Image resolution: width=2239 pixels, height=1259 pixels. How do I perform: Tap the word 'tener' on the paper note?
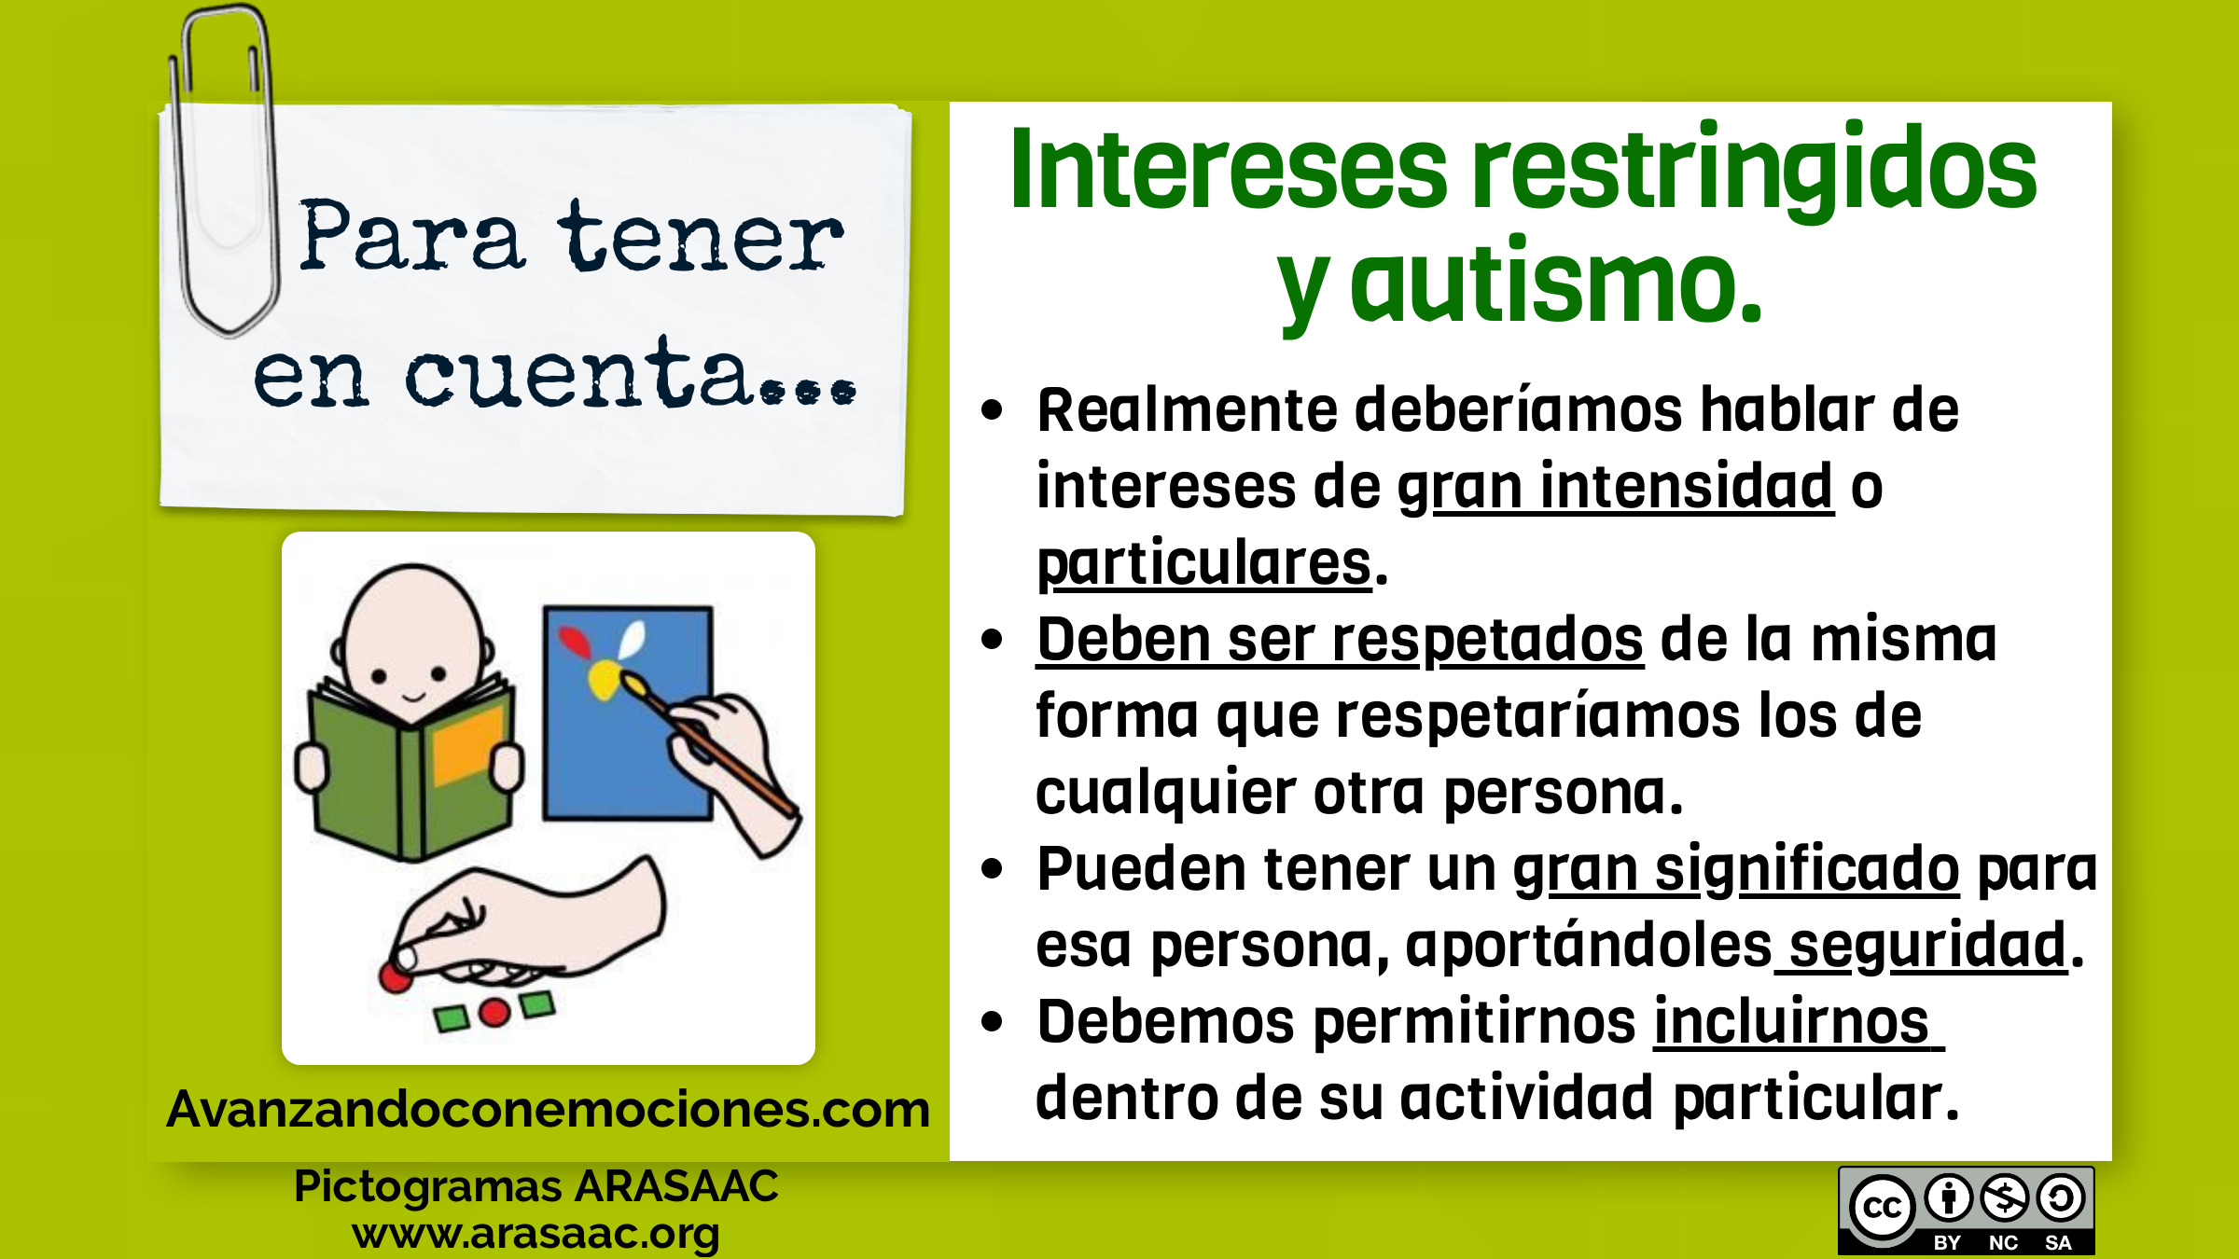pyautogui.click(x=701, y=237)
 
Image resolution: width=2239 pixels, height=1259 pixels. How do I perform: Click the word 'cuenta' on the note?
pyautogui.click(x=578, y=373)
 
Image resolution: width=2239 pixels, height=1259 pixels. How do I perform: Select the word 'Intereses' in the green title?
pyautogui.click(x=1229, y=168)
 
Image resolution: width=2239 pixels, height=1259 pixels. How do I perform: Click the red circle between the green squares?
pyautogui.click(x=494, y=1012)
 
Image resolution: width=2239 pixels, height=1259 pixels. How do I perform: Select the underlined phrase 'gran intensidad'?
pyautogui.click(x=1615, y=486)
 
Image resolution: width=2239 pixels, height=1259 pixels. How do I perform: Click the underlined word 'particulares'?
pyautogui.click(x=1204, y=563)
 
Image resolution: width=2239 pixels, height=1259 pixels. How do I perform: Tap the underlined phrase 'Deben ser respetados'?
pyautogui.click(x=1340, y=640)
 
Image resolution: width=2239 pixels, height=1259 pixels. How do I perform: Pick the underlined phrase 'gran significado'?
pyautogui.click(x=1735, y=869)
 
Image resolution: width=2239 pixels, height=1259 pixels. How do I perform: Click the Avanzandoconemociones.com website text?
pyautogui.click(x=549, y=1110)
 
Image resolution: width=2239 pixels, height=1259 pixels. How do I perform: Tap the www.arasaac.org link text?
pyautogui.click(x=535, y=1233)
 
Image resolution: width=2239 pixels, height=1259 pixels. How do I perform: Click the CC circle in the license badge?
pyautogui.click(x=1882, y=1208)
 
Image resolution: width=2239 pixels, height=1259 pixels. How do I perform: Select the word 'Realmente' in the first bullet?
pyautogui.click(x=1188, y=409)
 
